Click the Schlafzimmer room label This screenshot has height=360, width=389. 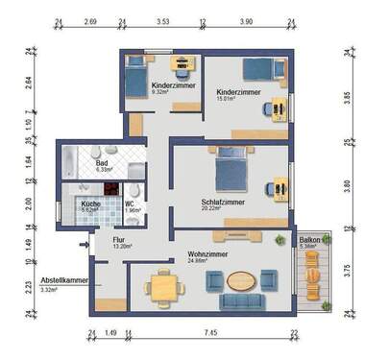tap(222, 203)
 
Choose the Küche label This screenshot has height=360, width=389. tap(90, 204)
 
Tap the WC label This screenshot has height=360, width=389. tap(129, 204)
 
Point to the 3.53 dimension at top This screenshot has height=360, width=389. tap(162, 19)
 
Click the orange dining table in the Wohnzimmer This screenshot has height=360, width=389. tap(163, 286)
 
